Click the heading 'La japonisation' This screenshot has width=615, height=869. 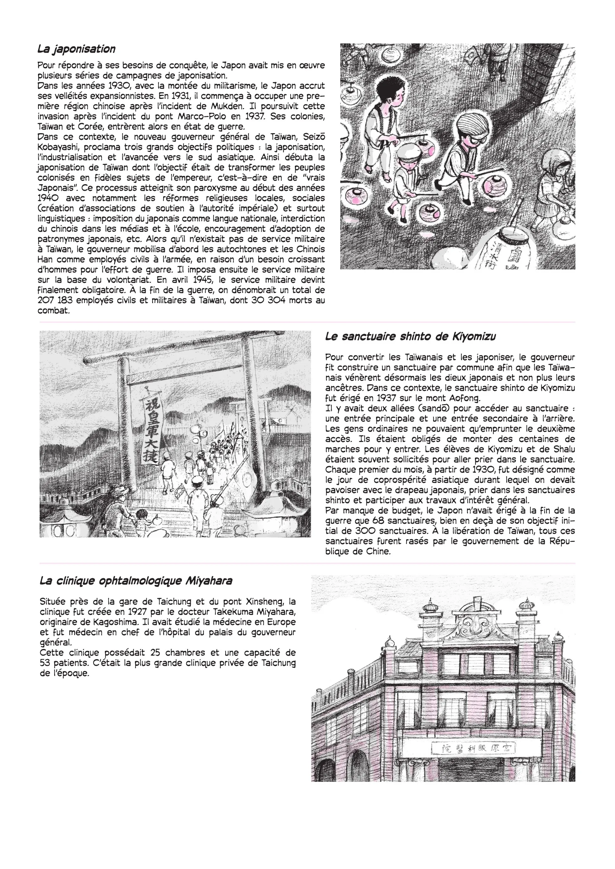[x=76, y=49]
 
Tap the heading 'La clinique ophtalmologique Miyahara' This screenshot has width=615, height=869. [x=136, y=581]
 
